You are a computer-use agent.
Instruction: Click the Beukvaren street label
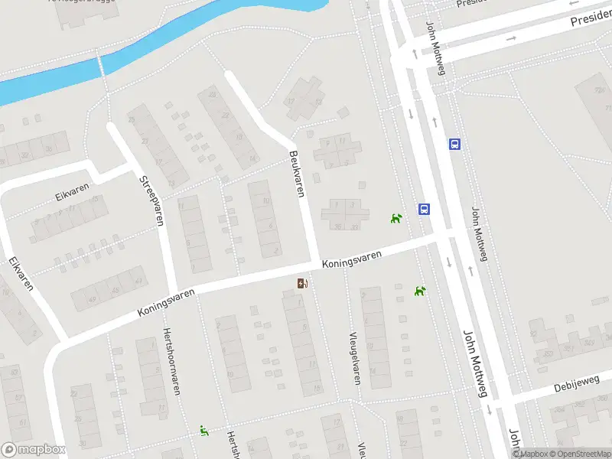[x=297, y=174]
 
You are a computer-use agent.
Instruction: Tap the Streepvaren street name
[x=151, y=201]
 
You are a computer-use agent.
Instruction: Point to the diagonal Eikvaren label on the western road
[x=21, y=273]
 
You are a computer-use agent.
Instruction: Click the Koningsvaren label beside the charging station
[x=351, y=262]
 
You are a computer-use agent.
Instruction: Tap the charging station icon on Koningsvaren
[x=303, y=285]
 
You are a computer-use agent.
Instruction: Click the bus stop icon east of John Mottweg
[x=454, y=144]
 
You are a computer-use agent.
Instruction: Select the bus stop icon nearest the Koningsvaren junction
[x=423, y=209]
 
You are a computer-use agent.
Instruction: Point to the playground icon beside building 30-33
[x=396, y=220]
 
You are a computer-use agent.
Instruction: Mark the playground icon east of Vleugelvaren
[x=419, y=291]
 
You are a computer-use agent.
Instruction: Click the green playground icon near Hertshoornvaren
[x=204, y=431]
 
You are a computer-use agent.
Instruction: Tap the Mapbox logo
[x=33, y=450]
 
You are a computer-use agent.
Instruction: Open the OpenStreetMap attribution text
[x=573, y=454]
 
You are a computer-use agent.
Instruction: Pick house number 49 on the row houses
[x=93, y=299]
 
